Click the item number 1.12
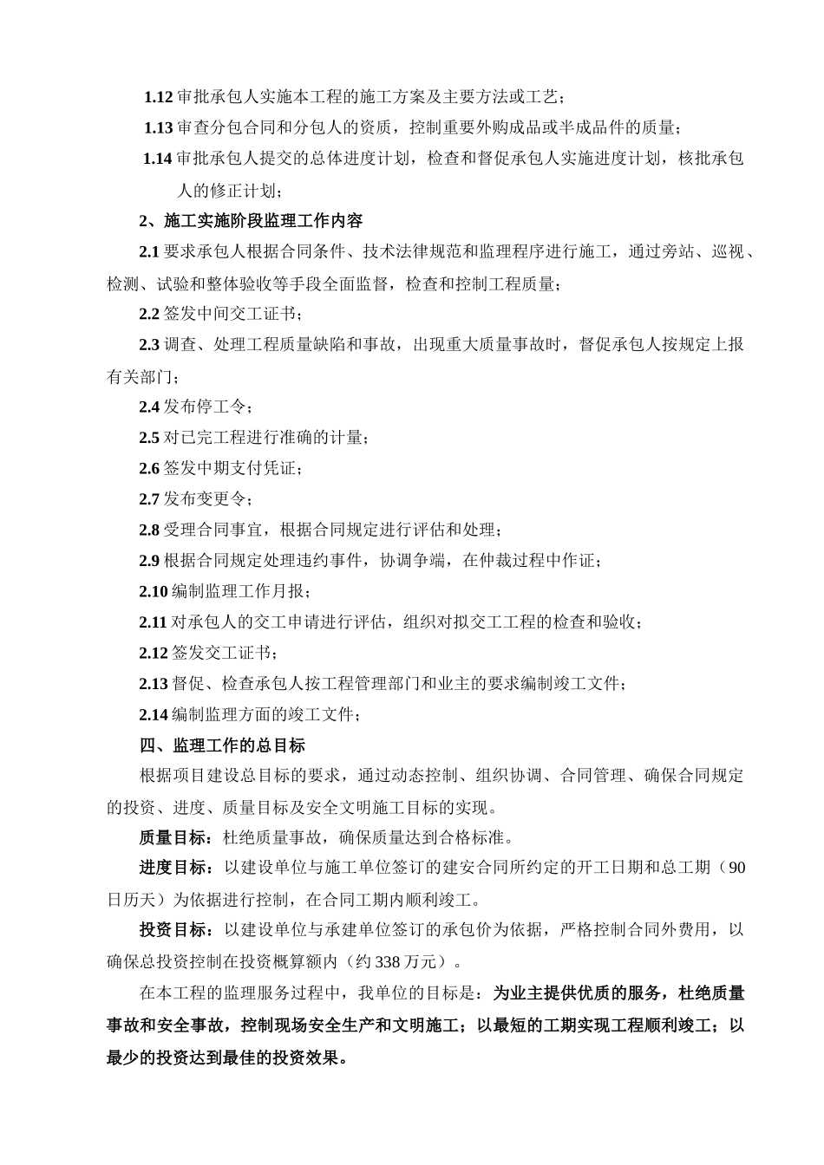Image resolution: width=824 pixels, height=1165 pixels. (x=159, y=97)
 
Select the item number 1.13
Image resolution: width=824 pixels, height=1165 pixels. (x=159, y=128)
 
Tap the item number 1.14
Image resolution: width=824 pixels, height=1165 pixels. (x=158, y=159)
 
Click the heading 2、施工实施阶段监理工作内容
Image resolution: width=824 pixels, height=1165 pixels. (x=252, y=221)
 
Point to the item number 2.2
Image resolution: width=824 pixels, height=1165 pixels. (x=149, y=315)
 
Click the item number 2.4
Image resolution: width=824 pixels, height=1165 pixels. (x=149, y=407)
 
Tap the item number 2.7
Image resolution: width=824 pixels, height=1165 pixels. (x=149, y=499)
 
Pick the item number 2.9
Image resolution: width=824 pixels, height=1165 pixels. (x=149, y=561)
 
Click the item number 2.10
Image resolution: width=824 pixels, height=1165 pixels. (x=154, y=592)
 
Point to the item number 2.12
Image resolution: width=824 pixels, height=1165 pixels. (x=154, y=654)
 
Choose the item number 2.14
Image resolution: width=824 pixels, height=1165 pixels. (x=154, y=715)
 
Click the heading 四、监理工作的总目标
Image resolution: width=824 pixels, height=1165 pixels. (x=222, y=745)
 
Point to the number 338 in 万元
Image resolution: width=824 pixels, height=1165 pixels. (x=389, y=961)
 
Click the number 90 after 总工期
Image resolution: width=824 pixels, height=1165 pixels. (x=736, y=869)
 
